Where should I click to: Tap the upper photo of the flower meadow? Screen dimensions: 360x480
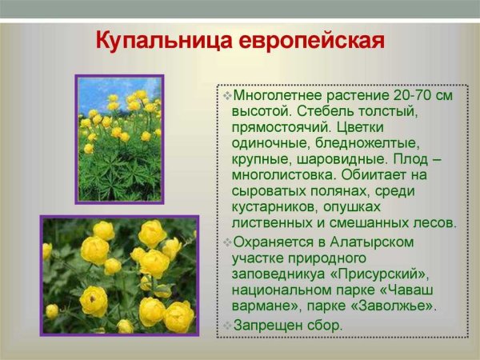119,138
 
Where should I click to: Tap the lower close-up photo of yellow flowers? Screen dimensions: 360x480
119,274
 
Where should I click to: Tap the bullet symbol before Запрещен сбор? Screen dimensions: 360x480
227,325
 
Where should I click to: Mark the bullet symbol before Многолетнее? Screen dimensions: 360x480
227,95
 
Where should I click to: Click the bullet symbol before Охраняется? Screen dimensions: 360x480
227,242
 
